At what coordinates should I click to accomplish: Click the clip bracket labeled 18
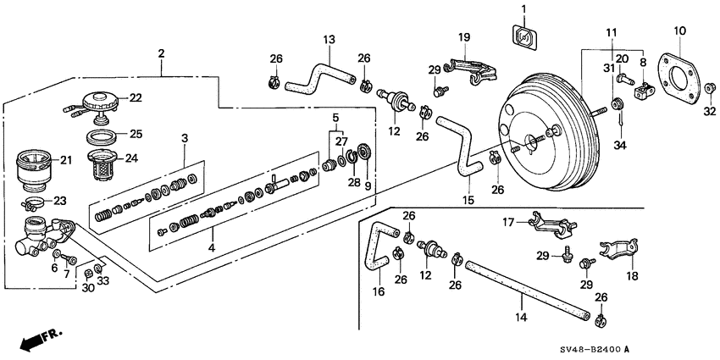(619, 254)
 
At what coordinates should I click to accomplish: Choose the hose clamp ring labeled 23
(35, 203)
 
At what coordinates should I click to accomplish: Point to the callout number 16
(378, 292)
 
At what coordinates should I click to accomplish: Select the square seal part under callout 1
(523, 36)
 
